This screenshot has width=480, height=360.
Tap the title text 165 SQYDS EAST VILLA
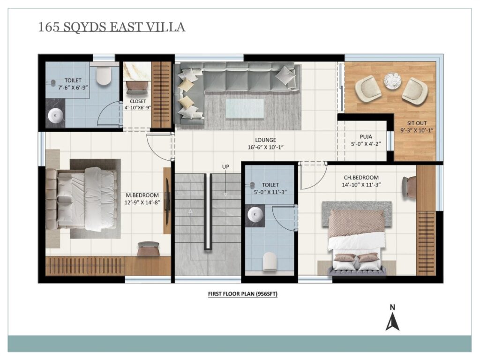112,27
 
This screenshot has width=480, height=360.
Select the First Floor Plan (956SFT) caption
243,294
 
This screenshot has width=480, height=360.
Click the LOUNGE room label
265,140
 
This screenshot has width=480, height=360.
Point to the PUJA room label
366,136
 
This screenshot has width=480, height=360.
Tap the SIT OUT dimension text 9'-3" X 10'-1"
417,130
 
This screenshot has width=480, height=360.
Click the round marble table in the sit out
392,81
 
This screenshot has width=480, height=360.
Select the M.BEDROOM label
142,195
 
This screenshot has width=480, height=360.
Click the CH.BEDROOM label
361,177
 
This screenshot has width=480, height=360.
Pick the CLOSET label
138,101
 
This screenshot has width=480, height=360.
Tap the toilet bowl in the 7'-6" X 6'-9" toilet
103,75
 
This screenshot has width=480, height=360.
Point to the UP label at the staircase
225,166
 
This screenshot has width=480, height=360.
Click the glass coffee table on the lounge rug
245,108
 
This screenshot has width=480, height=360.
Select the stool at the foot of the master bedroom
148,248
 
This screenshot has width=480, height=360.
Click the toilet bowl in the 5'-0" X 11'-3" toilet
270,261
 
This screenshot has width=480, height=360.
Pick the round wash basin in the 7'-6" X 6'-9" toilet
55,116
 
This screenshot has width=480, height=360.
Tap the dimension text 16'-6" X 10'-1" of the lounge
265,147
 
